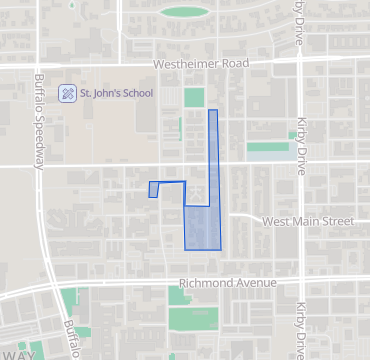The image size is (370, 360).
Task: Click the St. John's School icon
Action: point(68,93)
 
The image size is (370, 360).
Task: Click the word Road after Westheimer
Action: point(234,64)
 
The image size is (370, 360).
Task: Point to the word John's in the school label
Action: point(103,93)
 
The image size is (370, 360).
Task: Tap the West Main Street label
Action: point(306,220)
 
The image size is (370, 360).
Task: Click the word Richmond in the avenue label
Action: point(205,283)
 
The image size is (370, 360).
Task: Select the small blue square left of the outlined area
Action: point(153,189)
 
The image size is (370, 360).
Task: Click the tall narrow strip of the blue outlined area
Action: point(213,150)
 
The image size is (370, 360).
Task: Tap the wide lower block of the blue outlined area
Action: point(202,228)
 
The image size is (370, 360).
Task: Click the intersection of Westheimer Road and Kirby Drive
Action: point(299,63)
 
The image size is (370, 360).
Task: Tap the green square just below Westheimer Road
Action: point(194,97)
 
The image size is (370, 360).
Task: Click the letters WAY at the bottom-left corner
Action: point(18,354)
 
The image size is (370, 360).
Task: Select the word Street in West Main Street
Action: point(335,220)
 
